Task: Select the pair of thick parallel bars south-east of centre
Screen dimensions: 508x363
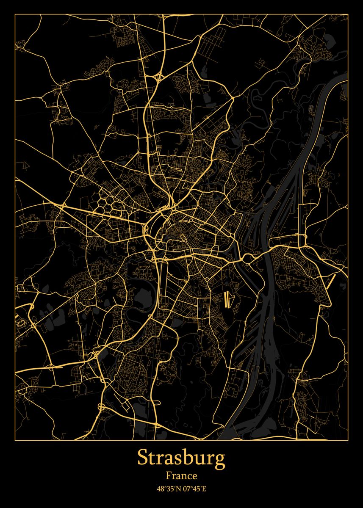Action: coord(228,299)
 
